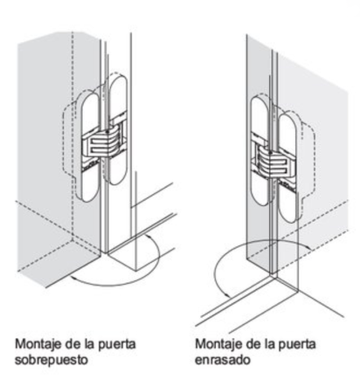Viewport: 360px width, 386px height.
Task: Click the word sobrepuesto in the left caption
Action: [x=52, y=360]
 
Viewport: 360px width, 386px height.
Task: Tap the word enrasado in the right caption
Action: [x=223, y=360]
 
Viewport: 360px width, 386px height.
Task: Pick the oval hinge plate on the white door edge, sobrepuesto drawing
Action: [x=118, y=129]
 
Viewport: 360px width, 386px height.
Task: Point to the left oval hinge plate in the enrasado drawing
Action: [x=260, y=150]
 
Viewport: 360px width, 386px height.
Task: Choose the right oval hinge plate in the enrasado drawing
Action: [x=288, y=169]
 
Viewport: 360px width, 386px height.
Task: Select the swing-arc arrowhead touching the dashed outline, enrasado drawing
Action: [x=308, y=247]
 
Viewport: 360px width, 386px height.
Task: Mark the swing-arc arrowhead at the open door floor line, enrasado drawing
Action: [x=227, y=295]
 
